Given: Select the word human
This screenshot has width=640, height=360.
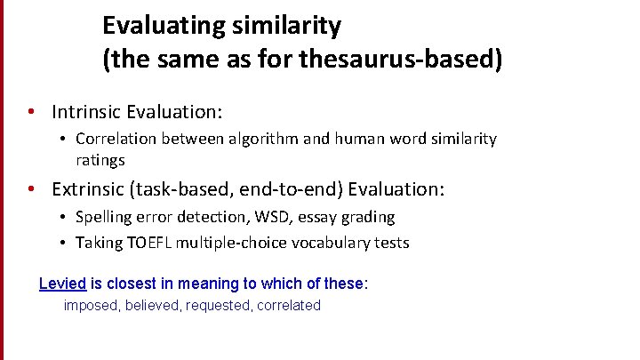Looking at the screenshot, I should [347, 140].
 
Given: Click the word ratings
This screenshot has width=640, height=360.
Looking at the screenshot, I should [100, 161].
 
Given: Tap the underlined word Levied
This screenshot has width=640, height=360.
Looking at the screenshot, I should [62, 284].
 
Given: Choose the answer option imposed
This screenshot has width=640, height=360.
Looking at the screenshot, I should [92, 306].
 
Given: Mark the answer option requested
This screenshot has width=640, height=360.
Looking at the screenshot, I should [220, 306].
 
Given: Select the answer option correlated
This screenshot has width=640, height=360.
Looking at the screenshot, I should [289, 306].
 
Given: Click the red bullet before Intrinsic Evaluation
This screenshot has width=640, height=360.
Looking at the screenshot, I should [31, 113].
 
